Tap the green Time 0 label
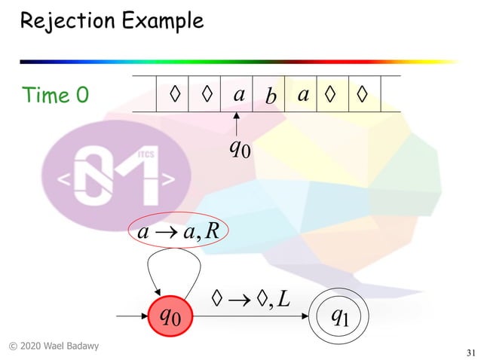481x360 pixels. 56,96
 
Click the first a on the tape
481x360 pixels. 238,95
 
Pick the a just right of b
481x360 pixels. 303,95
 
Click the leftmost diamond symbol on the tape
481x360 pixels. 175,95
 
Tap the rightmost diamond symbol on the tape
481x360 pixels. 363,95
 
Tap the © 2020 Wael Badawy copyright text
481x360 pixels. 54,346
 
